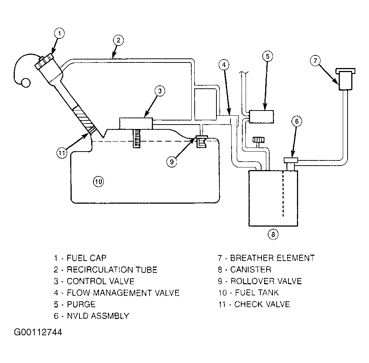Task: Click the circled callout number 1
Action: click(59, 33)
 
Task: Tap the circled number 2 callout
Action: click(118, 40)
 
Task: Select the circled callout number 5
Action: click(267, 57)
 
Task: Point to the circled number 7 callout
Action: click(315, 61)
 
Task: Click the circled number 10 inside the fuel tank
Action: click(98, 181)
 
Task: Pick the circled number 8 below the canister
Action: click(273, 234)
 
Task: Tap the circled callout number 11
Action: click(62, 153)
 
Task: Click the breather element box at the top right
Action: click(345, 79)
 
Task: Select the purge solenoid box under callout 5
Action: click(262, 116)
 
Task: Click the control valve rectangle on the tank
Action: click(136, 123)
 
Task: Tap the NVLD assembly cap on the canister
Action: click(291, 160)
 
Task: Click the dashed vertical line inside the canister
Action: click(283, 194)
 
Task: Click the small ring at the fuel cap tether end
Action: click(25, 82)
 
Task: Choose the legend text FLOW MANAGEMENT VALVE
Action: click(123, 293)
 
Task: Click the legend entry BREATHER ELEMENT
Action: click(272, 258)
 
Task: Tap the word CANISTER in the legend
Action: click(251, 269)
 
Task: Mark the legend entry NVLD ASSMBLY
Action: click(98, 316)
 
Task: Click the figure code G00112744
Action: click(38, 332)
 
